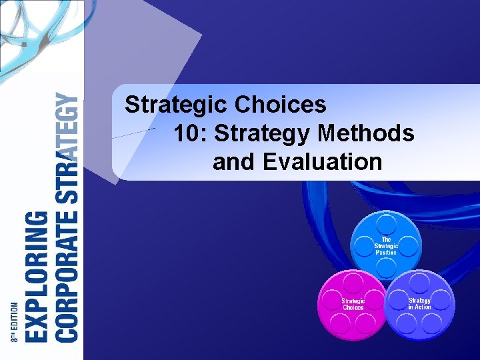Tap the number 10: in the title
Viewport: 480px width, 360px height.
coord(191,133)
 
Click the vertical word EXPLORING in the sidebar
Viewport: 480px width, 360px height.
coord(37,276)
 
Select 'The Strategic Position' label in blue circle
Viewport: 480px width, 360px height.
coord(386,246)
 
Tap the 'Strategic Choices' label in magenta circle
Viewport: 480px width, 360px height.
coord(353,304)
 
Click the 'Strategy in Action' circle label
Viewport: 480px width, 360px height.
coord(419,304)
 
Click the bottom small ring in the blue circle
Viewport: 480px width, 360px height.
coord(386,268)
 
